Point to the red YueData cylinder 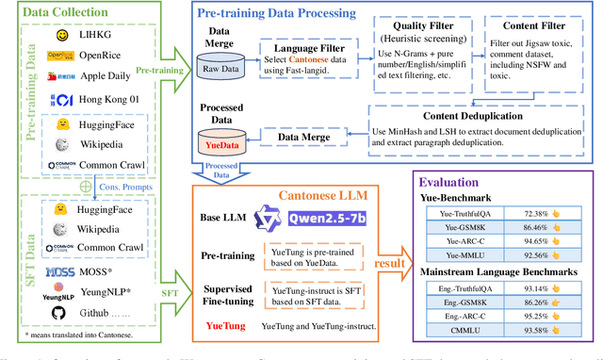(x=220, y=143)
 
